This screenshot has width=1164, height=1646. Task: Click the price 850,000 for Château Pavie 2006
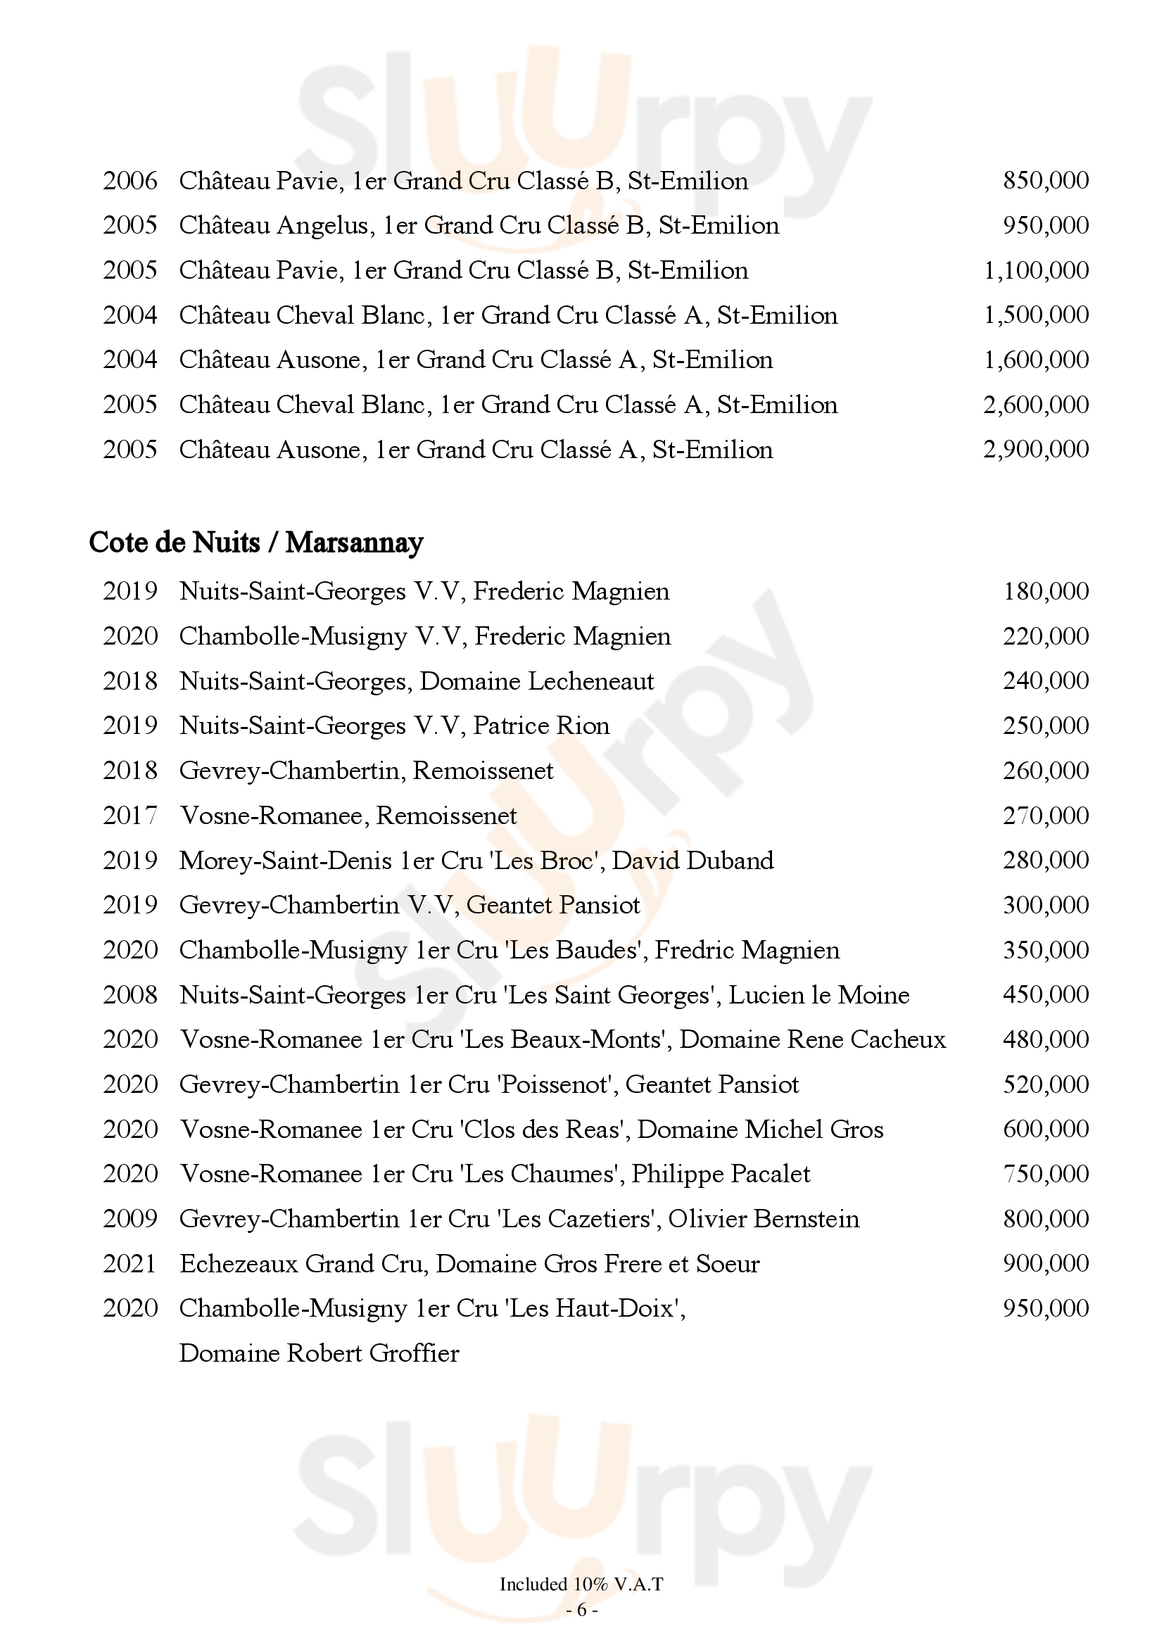pos(1045,181)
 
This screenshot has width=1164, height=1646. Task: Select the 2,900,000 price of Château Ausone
pos(1036,450)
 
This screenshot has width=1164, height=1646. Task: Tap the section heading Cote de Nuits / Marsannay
pos(256,543)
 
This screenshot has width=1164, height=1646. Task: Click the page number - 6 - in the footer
pos(581,1610)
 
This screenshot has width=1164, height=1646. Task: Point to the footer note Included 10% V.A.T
pos(581,1584)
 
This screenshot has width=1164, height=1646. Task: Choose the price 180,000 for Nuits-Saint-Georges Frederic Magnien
pos(1045,591)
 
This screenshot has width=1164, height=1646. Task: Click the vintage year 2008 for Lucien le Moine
pos(129,995)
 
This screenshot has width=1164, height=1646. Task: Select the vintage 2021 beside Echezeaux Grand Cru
pos(129,1264)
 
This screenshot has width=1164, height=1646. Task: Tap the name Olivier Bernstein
pos(764,1219)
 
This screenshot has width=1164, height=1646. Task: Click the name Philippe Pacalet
pos(721,1175)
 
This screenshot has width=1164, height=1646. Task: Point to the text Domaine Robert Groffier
pos(319,1353)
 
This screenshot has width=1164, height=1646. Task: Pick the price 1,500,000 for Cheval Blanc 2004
pos(1036,315)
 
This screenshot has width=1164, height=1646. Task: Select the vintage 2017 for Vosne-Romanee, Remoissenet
pos(129,816)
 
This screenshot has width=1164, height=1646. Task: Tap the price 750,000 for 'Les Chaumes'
pos(1045,1175)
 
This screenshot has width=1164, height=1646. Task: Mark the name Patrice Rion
pos(541,726)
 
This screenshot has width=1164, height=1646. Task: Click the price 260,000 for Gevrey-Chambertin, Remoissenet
pos(1045,771)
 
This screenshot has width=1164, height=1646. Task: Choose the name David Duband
pos(692,860)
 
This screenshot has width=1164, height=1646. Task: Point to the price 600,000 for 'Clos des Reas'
pos(1045,1129)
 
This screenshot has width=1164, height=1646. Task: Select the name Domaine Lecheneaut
pos(536,681)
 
